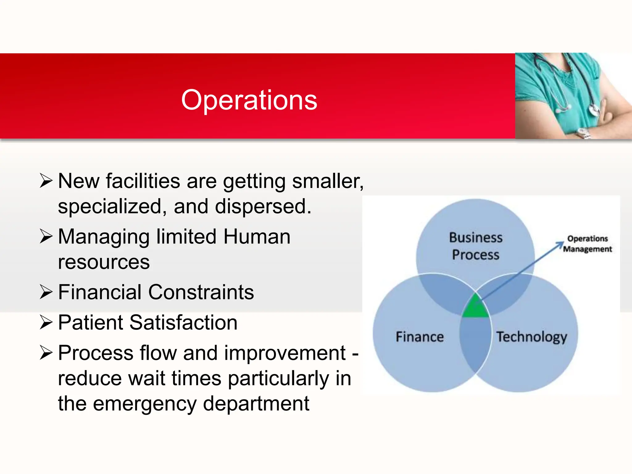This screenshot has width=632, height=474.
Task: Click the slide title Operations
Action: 249,100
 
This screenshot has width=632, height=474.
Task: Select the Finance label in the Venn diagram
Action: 420,337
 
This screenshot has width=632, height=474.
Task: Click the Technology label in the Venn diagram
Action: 531,337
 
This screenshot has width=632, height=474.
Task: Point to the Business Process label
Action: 476,246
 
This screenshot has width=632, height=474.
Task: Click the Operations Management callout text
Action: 587,244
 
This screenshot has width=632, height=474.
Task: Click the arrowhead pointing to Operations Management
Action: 560,244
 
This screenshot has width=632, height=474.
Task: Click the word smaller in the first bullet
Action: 328,181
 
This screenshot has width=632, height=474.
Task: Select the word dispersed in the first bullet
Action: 263,206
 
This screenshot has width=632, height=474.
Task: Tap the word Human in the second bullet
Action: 257,237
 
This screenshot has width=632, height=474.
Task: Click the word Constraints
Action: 201,292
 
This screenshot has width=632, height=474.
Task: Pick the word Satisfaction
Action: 183,322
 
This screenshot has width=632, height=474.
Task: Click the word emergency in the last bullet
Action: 145,404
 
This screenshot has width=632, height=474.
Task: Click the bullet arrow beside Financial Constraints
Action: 46,292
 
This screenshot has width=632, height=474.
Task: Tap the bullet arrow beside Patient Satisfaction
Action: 46,322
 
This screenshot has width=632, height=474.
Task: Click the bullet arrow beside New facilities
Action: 46,181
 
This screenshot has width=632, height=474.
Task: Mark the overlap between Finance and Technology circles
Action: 475,346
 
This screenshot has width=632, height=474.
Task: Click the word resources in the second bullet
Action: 104,262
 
